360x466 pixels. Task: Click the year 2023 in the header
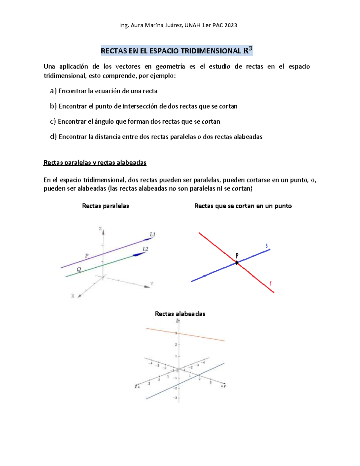click(230, 26)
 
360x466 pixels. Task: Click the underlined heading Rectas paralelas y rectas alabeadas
click(95, 163)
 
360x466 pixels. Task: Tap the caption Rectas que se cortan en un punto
click(243, 206)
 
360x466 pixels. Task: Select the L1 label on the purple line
click(152, 234)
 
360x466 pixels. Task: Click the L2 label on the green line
click(145, 249)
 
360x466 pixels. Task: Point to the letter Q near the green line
click(79, 269)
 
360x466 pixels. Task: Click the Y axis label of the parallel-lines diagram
click(152, 284)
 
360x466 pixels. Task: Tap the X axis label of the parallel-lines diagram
click(73, 296)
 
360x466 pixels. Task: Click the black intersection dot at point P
click(237, 263)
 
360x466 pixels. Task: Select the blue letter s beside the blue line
click(266, 246)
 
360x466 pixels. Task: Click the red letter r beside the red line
click(270, 283)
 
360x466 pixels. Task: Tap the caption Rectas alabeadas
click(180, 314)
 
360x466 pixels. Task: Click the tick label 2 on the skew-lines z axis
click(176, 344)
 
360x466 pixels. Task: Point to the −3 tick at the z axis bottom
click(175, 398)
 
